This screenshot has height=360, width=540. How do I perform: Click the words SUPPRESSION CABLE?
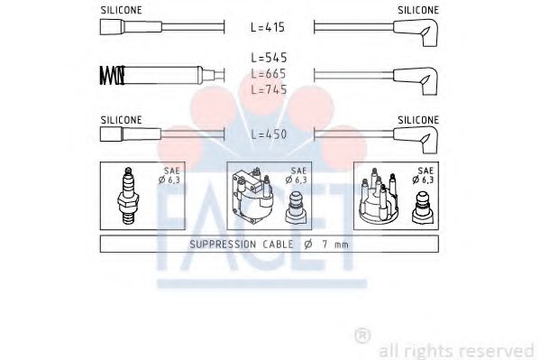(233, 245)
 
